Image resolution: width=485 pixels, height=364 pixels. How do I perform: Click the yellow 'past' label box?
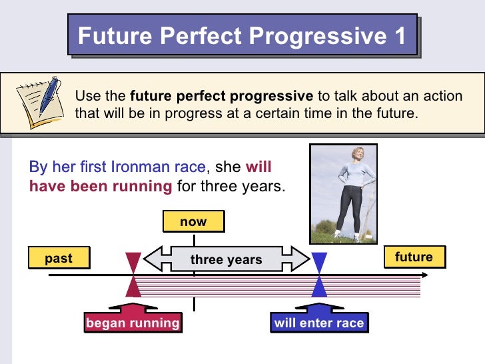(59, 258)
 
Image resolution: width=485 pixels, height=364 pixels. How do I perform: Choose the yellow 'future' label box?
(414, 257)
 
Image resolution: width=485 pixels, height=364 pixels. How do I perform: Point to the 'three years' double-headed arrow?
(227, 259)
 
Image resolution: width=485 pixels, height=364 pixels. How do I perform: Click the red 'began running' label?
(133, 323)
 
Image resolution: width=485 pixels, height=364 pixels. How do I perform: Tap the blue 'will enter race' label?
(319, 323)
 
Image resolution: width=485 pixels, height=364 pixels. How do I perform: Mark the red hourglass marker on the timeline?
(134, 275)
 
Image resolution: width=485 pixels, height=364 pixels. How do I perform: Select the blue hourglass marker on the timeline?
(320, 275)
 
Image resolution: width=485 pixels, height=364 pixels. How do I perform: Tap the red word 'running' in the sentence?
(141, 186)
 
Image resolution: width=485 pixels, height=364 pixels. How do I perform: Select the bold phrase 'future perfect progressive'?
(221, 96)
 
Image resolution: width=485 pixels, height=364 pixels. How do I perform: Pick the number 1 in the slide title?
(398, 34)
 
